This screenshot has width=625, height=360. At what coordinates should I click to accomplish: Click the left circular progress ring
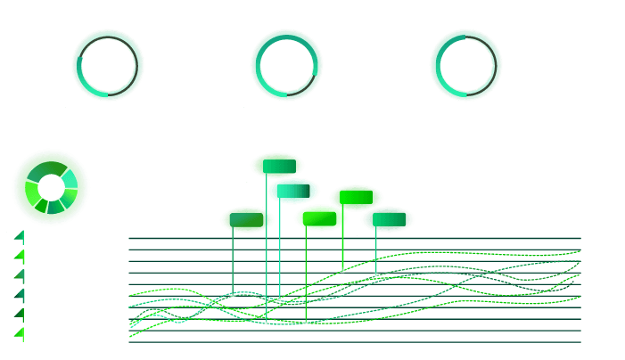click(x=108, y=64)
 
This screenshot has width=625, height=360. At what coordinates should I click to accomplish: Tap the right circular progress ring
click(x=465, y=64)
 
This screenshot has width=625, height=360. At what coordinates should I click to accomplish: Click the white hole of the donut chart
click(x=51, y=187)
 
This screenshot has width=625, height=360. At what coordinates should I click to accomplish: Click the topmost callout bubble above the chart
click(x=277, y=166)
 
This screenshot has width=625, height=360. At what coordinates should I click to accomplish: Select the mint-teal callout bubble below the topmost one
click(x=293, y=191)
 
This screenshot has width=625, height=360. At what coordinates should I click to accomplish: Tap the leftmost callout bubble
click(x=247, y=219)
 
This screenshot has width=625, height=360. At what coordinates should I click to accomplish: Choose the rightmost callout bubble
click(x=388, y=219)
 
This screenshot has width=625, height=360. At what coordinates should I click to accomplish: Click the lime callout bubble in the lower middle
click(x=321, y=217)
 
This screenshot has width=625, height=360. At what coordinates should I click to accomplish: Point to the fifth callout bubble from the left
click(x=357, y=198)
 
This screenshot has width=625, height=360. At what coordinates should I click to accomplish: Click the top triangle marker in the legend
click(x=20, y=236)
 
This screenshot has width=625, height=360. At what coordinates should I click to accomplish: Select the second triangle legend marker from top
click(x=20, y=257)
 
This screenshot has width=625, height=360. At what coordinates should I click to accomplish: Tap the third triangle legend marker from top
click(x=20, y=276)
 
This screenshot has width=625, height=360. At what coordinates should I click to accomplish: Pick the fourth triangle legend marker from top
click(x=20, y=295)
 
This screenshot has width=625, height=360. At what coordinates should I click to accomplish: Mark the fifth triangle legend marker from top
click(x=20, y=315)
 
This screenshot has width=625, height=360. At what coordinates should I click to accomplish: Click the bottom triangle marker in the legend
click(x=20, y=334)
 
